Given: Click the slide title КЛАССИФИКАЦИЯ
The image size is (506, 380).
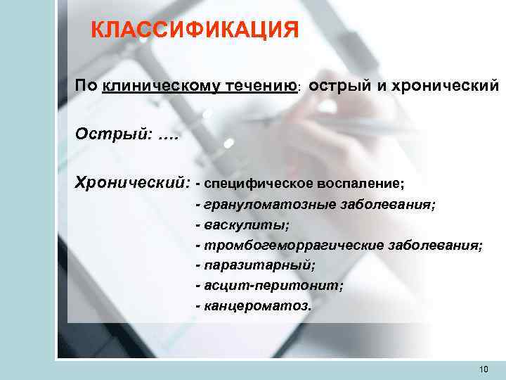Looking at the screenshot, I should point(195,30).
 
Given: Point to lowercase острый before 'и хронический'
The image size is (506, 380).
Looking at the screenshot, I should point(336,87).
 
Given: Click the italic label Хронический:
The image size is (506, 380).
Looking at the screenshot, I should point(133,183).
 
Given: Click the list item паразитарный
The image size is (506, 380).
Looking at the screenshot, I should point(259,266).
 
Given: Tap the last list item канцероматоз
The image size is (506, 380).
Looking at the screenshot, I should point(257,307).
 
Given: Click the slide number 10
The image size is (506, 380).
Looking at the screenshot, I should point(483,369).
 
